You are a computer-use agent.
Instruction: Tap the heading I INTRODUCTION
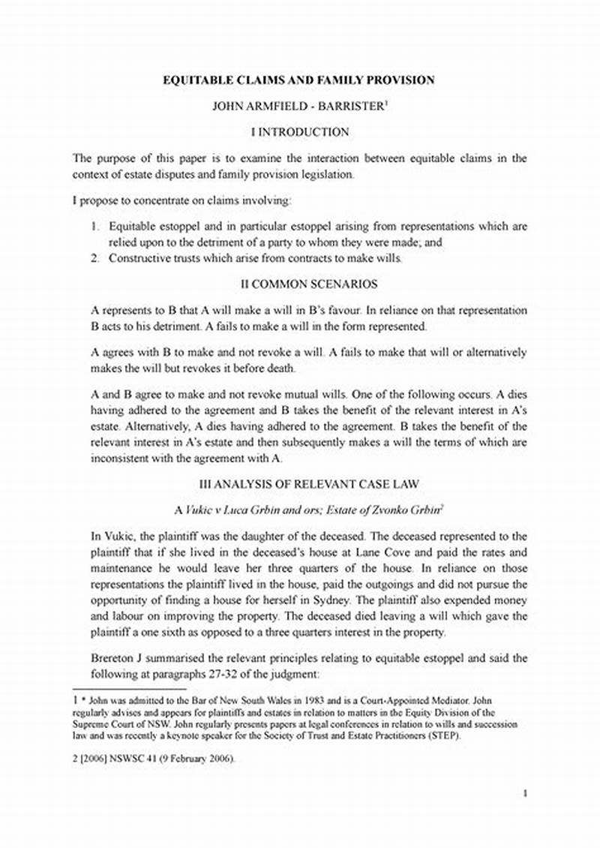pyautogui.click(x=299, y=132)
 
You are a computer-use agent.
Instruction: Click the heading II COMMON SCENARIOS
pyautogui.click(x=299, y=284)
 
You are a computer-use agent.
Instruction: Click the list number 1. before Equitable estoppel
pyautogui.click(x=96, y=226)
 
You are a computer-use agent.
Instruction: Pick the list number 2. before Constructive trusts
pyautogui.click(x=96, y=258)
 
